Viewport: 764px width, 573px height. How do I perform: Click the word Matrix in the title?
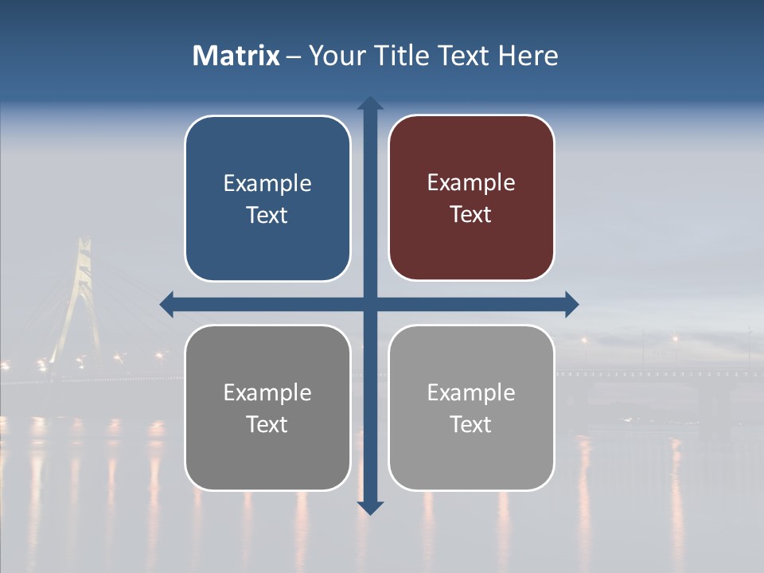(236, 56)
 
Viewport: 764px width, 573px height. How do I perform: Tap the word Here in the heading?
(528, 56)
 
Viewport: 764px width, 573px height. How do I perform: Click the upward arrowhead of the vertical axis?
(370, 104)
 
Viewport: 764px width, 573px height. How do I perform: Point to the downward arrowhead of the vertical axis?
(370, 507)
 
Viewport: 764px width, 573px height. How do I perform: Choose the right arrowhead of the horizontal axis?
(571, 303)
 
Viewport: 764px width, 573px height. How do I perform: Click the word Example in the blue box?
(267, 184)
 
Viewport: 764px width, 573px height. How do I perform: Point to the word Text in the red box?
(471, 215)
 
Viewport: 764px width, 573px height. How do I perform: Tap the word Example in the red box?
(471, 183)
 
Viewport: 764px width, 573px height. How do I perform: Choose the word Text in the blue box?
(267, 216)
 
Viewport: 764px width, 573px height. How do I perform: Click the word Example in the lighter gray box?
(471, 392)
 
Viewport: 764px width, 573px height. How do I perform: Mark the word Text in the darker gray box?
(267, 425)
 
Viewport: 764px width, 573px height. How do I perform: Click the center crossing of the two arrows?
(370, 303)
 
